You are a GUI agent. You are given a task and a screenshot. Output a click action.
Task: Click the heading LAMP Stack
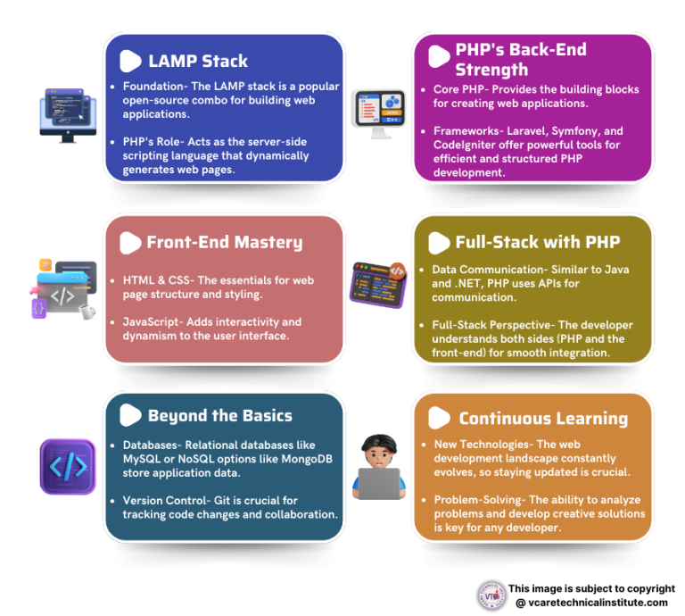click(x=198, y=62)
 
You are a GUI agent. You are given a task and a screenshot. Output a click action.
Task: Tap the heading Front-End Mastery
click(x=224, y=242)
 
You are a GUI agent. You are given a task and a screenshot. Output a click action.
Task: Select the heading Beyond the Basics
click(x=219, y=415)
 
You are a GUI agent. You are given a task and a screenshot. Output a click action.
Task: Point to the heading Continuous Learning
click(x=543, y=418)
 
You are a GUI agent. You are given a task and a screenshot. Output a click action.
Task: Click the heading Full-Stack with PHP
click(x=538, y=242)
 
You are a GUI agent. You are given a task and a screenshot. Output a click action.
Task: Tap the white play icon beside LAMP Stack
click(x=130, y=61)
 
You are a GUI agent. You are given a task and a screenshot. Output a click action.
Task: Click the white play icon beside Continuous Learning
click(x=439, y=418)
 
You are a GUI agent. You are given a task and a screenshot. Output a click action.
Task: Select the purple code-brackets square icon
click(x=68, y=466)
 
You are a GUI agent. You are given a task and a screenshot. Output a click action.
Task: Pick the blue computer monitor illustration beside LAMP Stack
click(x=67, y=114)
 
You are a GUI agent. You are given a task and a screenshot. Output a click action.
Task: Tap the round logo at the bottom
click(x=491, y=595)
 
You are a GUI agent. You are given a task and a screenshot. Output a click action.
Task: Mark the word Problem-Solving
click(x=478, y=500)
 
